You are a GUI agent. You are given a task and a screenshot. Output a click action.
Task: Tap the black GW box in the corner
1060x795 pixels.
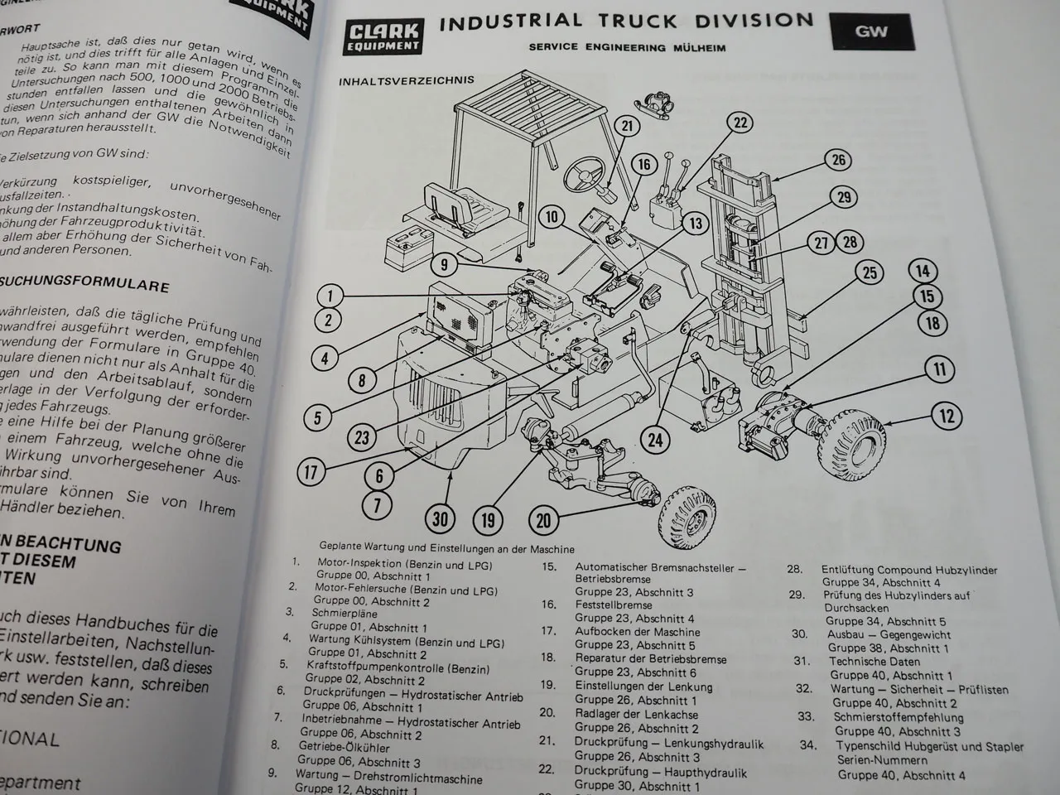coord(871,31)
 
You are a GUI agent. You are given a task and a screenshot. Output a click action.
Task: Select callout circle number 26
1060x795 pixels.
coord(839,159)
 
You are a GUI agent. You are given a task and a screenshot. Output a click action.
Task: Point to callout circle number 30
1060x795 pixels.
coord(441,518)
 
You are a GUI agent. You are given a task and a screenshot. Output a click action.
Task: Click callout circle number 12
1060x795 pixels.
coord(947,415)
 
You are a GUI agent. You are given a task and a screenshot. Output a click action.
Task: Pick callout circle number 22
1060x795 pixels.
coord(740,123)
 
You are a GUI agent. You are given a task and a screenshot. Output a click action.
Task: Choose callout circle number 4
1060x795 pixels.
coord(325,358)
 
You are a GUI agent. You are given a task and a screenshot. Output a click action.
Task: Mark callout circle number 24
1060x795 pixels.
coord(655,439)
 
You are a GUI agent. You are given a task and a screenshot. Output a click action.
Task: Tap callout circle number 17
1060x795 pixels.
coord(311,473)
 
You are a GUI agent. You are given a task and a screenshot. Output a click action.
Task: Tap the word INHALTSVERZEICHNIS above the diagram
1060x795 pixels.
coord(406,80)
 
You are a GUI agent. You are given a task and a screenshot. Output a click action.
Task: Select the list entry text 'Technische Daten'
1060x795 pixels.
coord(869,662)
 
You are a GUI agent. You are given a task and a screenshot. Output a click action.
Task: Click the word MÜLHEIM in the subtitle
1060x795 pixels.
coord(698,47)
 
